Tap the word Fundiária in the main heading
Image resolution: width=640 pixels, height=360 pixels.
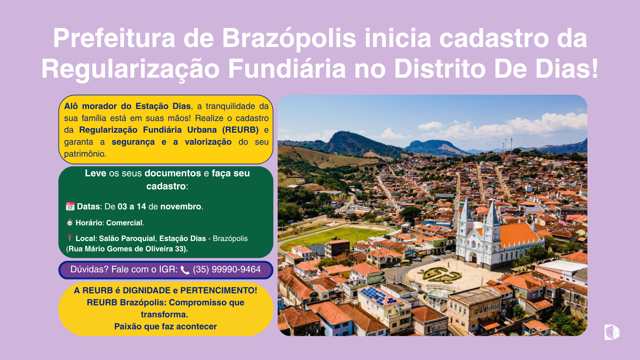287,69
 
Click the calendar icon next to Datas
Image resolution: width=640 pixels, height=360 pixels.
70,206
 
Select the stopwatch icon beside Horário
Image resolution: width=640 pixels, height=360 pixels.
70,222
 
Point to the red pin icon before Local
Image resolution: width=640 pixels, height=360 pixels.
69,238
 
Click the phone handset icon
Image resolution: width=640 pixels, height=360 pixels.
185,270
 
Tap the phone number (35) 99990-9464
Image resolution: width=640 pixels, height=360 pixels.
227,269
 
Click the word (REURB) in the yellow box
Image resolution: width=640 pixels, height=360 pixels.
240,130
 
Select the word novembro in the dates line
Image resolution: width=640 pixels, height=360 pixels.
181,206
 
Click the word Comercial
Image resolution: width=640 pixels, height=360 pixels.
124,223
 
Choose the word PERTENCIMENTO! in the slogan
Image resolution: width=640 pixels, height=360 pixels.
219,290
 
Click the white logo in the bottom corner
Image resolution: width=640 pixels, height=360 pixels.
612,332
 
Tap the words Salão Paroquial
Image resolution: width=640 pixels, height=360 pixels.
127,238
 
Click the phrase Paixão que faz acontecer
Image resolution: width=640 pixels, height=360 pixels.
165,326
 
